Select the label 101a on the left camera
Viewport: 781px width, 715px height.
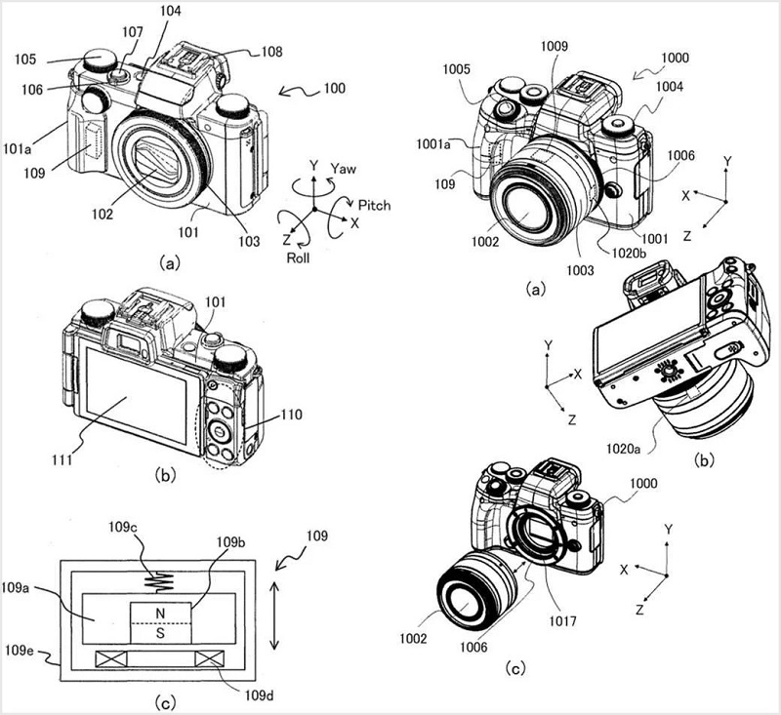tap(19, 149)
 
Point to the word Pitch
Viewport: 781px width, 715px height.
tap(377, 206)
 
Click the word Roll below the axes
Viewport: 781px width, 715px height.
tap(300, 258)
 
